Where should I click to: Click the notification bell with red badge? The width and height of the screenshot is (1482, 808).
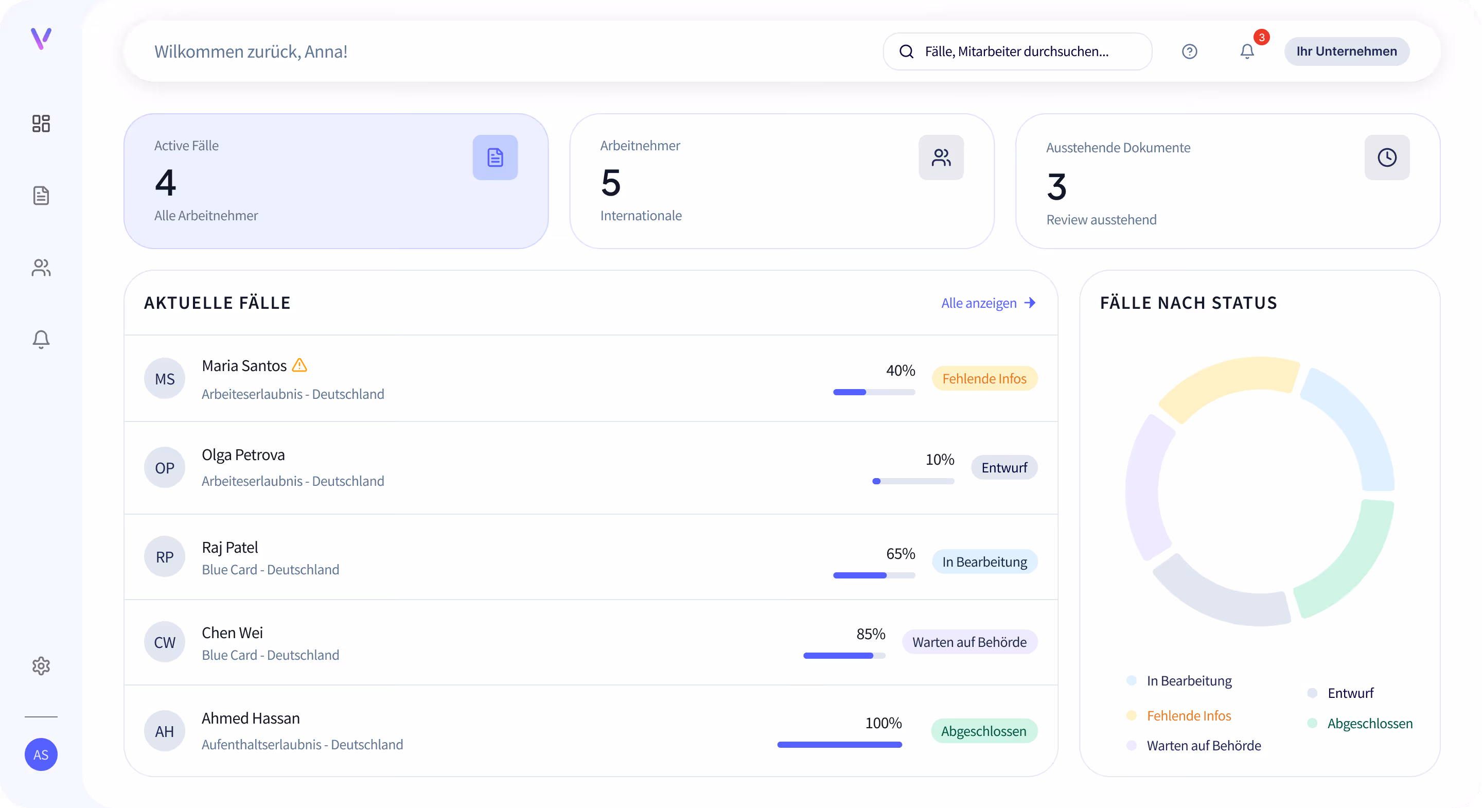point(1247,51)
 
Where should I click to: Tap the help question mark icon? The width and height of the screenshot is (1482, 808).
point(1189,51)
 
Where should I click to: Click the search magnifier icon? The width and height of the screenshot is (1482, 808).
point(906,51)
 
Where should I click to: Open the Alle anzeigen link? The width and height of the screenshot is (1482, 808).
point(987,303)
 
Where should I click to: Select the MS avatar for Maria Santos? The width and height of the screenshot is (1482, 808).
point(165,379)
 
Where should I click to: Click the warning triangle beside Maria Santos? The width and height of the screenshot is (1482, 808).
point(299,365)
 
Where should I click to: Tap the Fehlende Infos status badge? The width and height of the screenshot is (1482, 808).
point(984,379)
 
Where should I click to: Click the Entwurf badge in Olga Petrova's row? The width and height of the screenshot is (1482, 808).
point(1004,467)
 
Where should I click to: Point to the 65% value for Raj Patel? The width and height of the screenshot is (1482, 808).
point(900,554)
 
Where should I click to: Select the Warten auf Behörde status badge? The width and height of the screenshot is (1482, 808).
point(969,642)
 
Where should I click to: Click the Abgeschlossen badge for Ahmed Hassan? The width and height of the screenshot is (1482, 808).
point(983,731)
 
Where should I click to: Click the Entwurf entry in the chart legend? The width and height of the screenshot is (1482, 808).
point(1350,693)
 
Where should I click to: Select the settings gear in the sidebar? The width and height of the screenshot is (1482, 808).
point(41,666)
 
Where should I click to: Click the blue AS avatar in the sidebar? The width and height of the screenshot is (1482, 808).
point(41,754)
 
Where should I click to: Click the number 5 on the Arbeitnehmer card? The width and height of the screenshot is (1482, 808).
point(610,183)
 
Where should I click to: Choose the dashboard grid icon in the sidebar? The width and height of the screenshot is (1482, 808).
point(41,123)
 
